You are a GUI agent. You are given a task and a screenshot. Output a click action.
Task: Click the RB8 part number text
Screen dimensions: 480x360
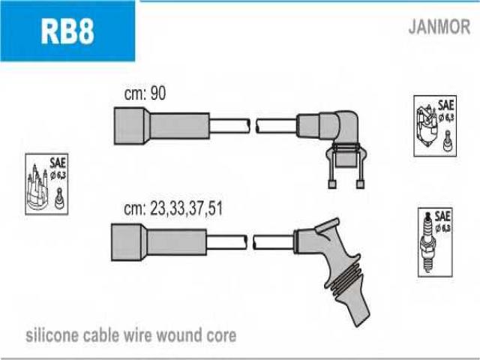pos(67,31)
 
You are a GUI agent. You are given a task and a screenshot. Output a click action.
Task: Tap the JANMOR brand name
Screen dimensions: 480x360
pos(439,27)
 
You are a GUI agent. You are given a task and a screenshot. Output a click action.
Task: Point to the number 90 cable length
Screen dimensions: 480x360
pos(157,93)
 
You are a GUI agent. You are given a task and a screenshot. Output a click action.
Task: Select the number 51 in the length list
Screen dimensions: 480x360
pos(214,208)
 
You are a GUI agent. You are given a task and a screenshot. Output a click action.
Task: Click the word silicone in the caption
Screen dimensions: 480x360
pos(52,335)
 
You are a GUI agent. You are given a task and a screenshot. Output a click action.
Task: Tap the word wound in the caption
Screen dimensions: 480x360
pos(178,335)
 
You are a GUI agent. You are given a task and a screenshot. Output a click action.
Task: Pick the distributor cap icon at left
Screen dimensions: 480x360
pos(37,187)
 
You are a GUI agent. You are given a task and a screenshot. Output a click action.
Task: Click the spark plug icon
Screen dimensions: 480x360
pos(427,241)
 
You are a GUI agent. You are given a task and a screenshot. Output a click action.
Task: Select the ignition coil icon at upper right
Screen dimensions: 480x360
pos(427,126)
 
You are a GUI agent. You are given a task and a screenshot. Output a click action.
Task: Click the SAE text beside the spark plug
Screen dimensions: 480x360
pos(442,217)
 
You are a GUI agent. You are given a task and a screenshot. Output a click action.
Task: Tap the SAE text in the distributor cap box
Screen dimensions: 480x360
pos(58,163)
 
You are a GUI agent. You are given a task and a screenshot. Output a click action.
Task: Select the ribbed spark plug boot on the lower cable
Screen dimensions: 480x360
pos(337,269)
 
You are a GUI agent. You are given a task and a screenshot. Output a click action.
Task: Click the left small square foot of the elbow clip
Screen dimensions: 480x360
pos(331,184)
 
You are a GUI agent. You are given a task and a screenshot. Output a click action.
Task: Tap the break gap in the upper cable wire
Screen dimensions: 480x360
pos(253,126)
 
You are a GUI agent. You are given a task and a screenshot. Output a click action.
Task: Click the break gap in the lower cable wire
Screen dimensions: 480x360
pos(250,242)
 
